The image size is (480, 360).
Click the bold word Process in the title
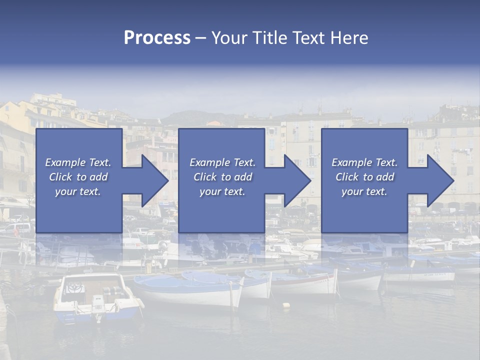157,38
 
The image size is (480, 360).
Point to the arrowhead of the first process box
153,180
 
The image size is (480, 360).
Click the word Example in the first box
65,162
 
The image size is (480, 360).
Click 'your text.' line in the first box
78,191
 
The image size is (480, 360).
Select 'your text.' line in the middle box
222,191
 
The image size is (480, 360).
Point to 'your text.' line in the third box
364,191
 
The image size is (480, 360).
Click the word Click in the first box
61,177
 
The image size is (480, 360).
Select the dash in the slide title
200,38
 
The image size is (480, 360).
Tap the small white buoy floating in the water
286,304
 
